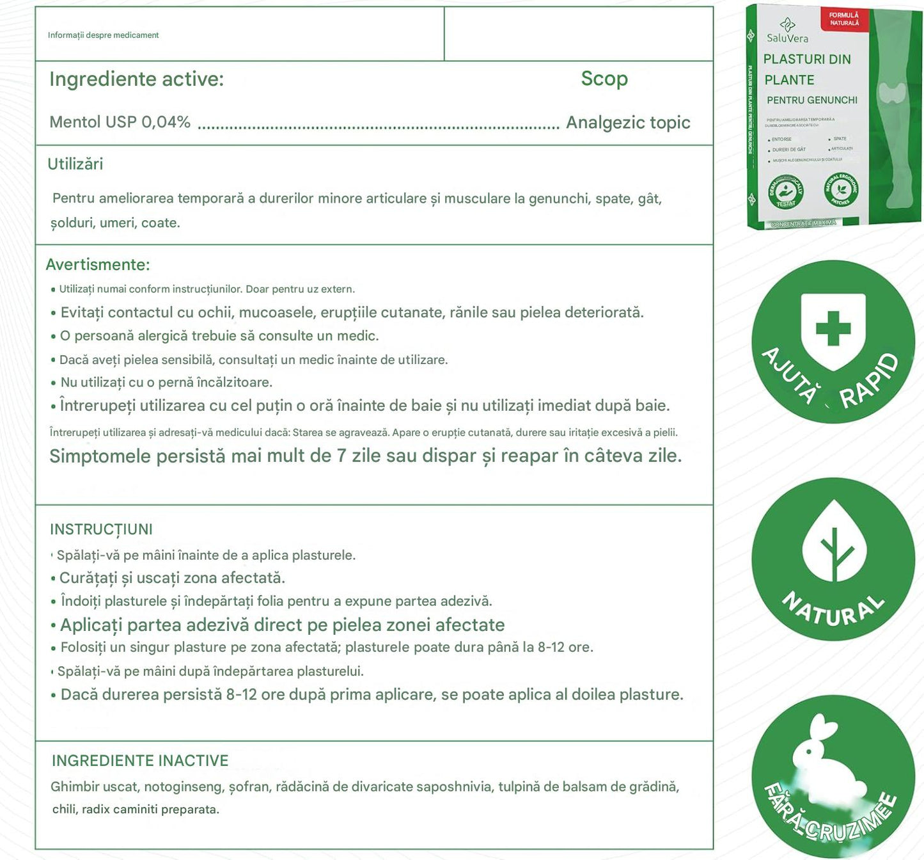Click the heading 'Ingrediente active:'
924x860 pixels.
coord(136,79)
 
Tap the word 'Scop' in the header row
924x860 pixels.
coord(604,79)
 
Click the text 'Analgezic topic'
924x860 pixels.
coord(628,122)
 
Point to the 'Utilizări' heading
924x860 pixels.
coord(75,164)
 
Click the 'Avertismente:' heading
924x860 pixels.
coord(98,264)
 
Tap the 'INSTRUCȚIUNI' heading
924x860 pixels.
coord(101,529)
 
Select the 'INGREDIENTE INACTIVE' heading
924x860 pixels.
coord(140,760)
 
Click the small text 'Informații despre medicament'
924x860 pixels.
coord(103,35)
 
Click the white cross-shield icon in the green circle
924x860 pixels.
coord(833,330)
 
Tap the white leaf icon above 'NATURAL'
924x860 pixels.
coord(834,545)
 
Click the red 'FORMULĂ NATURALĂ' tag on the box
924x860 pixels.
coord(844,19)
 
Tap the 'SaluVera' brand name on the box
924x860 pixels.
coord(788,38)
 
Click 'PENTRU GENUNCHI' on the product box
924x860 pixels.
coord(812,100)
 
